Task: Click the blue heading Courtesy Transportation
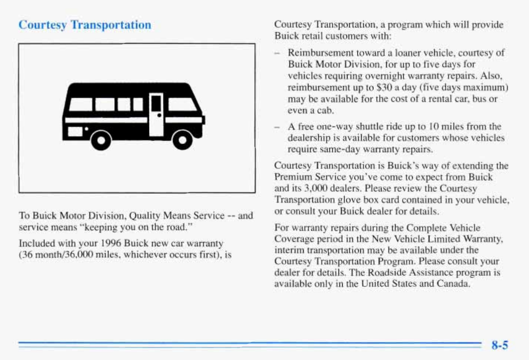(85, 25)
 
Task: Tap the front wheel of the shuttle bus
(182, 140)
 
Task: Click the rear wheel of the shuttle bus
(101, 140)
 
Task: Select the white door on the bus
(156, 114)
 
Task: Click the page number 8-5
(499, 345)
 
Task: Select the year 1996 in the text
(111, 243)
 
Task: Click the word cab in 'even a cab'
(325, 110)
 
